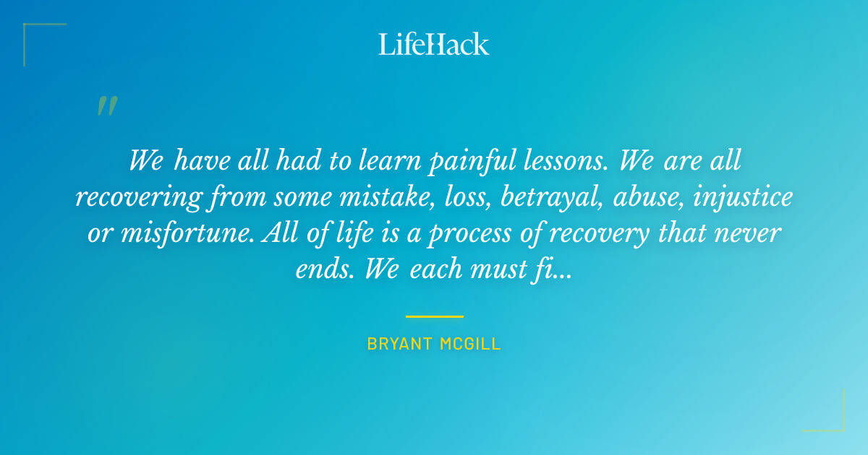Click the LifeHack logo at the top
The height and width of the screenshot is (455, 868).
coord(434,44)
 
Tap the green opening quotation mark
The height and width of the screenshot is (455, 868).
coord(106,106)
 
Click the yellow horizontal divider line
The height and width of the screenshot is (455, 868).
coord(434,316)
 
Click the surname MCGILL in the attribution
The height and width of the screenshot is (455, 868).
coord(470,344)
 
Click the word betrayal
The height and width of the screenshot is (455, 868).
coord(552,197)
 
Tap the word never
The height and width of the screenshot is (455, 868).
coord(754,233)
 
